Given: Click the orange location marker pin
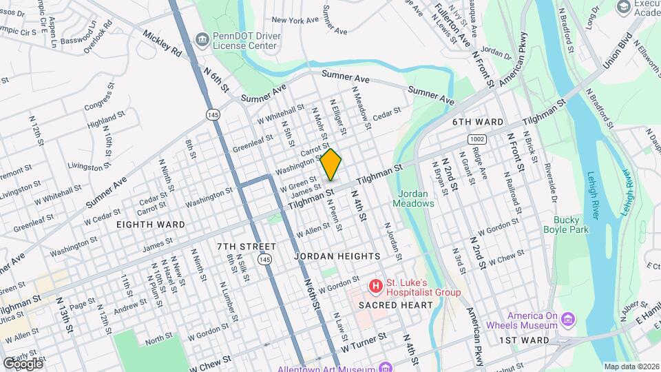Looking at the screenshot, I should point(331,165).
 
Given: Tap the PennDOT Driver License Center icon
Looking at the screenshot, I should point(201,38).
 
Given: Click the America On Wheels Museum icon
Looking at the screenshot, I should point(567,319).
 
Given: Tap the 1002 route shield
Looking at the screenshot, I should point(479,139).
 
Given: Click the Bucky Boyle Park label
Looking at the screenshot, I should point(565,225).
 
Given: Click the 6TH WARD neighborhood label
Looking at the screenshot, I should point(478,122).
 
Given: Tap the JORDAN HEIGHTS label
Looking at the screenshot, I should point(336,256).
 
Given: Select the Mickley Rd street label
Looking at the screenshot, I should point(162,42).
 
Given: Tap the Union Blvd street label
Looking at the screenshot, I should point(616,50).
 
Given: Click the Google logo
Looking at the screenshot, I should point(23,363).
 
